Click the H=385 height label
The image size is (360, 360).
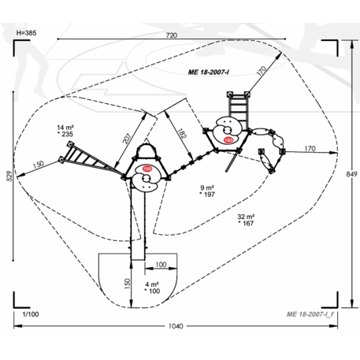tap(26, 33)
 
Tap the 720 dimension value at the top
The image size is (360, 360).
tap(172, 35)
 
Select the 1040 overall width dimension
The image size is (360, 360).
tap(176, 326)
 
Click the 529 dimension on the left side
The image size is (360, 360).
tap(9, 176)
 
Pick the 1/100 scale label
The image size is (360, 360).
tap(31, 314)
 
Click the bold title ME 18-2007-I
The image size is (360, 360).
tap(208, 72)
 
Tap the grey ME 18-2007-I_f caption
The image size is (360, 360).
tap(310, 314)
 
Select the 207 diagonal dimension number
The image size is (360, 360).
tap(127, 139)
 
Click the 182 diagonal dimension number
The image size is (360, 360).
tap(182, 133)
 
